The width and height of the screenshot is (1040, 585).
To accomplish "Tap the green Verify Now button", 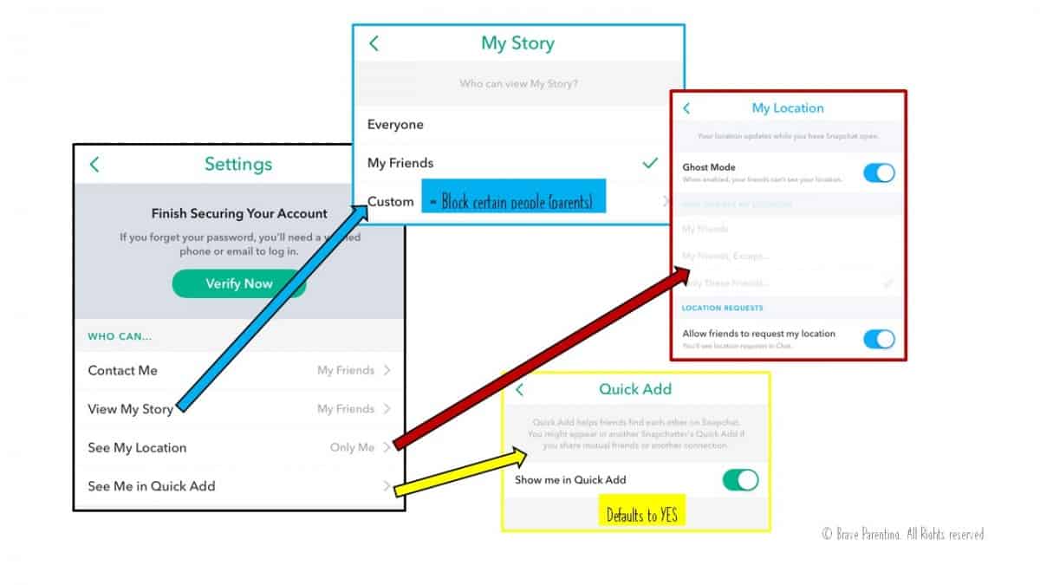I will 238,283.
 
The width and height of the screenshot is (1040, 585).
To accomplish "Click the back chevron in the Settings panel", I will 94,165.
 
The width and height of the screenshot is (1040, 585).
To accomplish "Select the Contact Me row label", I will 122,370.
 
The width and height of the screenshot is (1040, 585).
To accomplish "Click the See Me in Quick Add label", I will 152,486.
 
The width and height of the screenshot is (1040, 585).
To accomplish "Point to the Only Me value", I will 352,447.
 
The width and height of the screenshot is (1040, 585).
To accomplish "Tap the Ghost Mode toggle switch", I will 879,172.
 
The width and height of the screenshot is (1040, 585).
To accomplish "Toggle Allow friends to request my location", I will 879,339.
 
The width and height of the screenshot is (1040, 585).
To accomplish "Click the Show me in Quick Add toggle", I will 741,480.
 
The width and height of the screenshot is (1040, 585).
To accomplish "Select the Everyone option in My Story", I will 395,125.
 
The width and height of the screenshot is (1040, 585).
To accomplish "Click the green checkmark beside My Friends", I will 650,163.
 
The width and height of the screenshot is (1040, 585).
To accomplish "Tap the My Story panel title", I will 517,43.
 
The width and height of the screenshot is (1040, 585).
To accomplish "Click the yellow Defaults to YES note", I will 641,515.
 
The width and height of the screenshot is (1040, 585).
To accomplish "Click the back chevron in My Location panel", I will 686,108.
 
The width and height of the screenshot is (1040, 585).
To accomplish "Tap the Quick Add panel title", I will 635,389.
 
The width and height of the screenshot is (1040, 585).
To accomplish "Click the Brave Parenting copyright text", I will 903,535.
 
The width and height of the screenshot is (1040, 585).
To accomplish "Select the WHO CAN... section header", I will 120,336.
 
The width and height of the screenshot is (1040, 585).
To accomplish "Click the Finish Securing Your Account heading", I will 239,213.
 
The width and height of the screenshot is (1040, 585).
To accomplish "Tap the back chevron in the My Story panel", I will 374,43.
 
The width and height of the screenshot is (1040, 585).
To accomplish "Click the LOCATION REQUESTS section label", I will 722,308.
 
